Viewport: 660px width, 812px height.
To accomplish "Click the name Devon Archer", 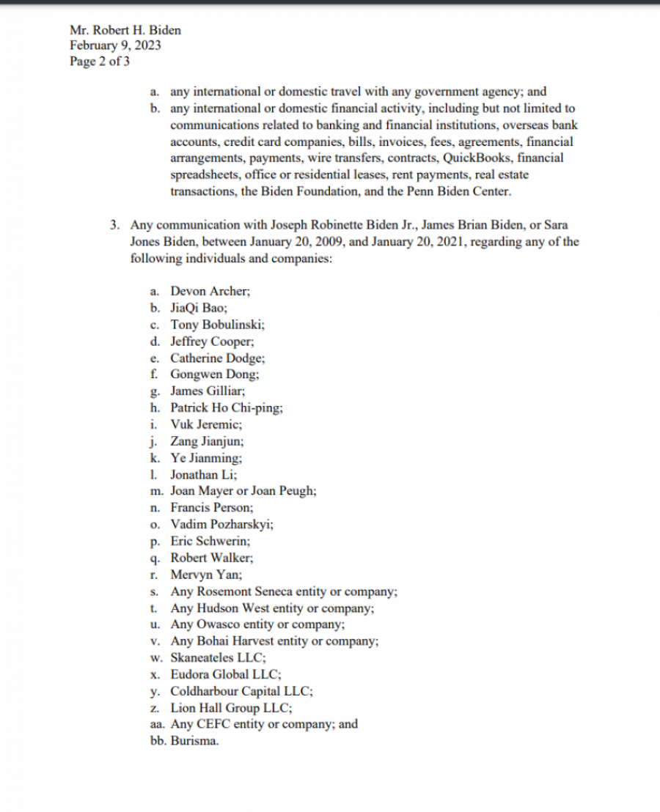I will coord(210,291).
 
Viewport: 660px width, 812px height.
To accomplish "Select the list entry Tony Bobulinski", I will coord(217,325).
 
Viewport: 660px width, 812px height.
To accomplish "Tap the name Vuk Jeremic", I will coord(206,424).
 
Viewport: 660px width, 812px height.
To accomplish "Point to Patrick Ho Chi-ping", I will coord(227,408).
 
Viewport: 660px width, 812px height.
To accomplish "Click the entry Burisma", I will coord(194,740).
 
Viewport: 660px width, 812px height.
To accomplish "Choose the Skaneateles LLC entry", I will coord(218,657).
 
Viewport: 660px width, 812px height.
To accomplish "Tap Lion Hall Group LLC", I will coord(231,708).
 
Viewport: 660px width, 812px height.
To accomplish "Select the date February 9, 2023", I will coord(116,45).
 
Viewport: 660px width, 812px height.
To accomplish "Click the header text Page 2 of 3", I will coord(100,62).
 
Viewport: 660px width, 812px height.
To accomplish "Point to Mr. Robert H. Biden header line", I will coord(125,30).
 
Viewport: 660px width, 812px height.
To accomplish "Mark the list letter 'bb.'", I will coord(158,740).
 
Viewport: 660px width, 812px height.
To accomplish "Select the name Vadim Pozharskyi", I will coord(222,524).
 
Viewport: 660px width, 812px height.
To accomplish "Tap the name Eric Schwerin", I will coord(210,541).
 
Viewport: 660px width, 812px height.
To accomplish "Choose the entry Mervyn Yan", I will coord(206,575).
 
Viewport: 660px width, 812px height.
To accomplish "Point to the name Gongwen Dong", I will coord(214,374).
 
